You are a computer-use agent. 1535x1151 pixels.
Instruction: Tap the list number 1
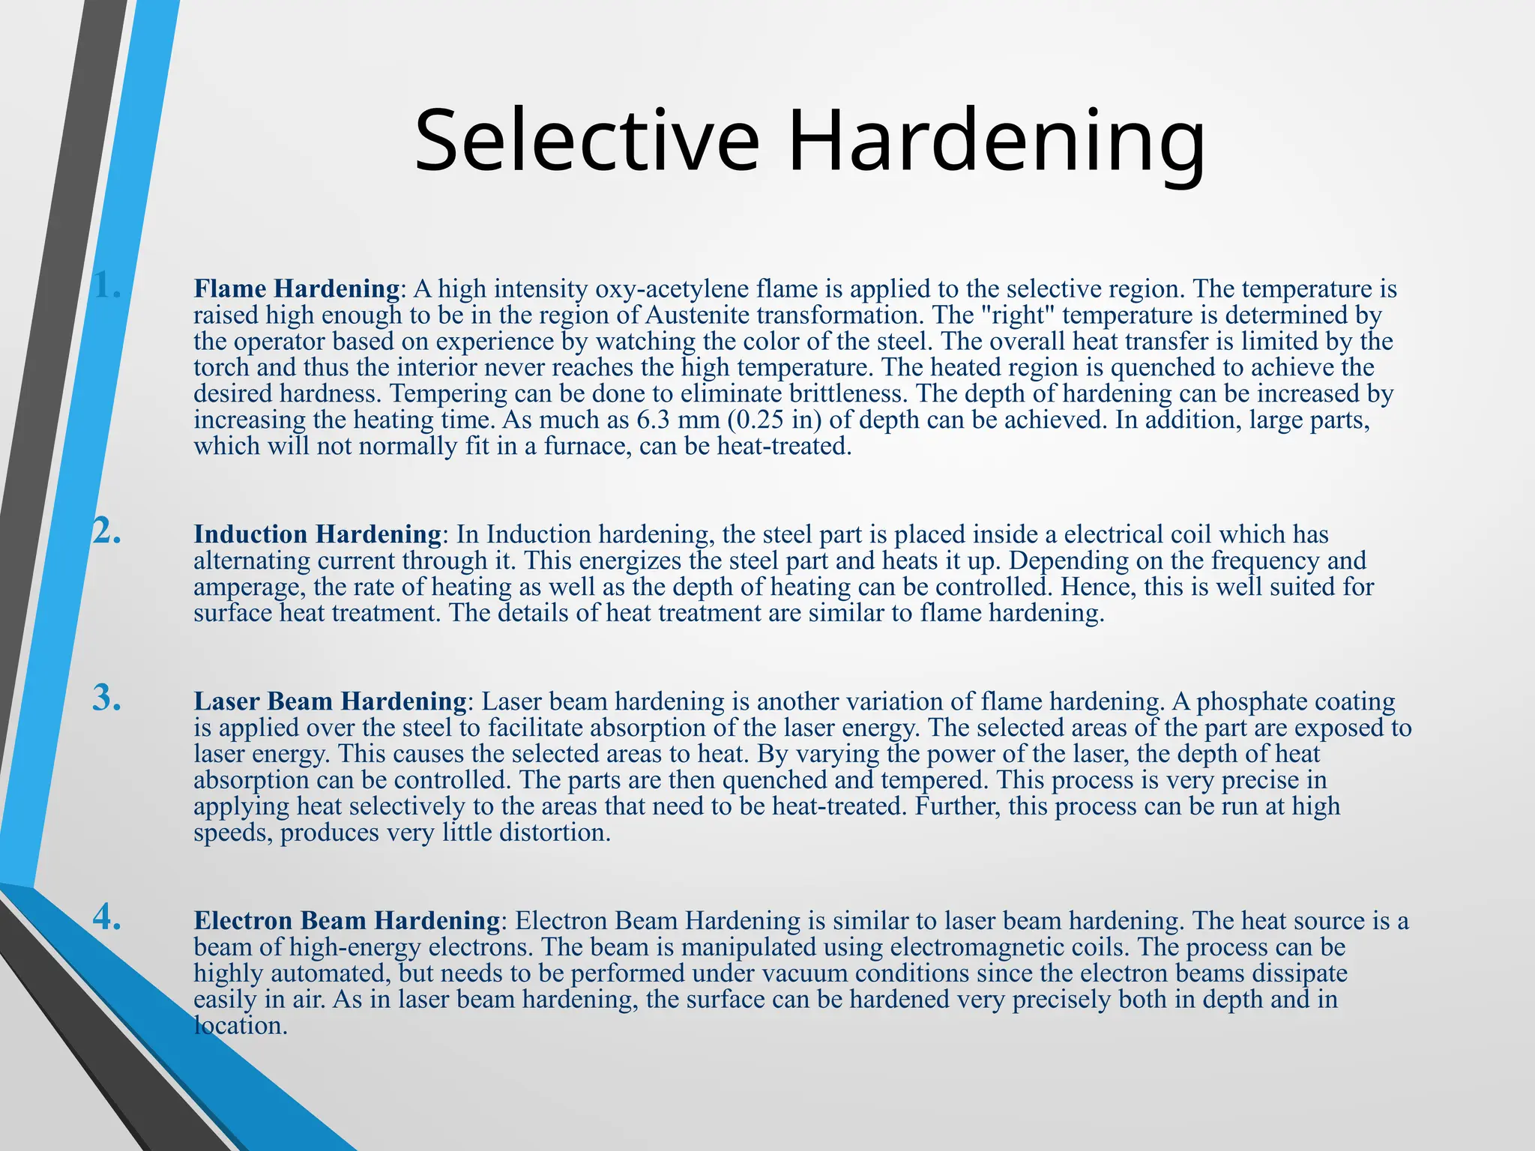coord(107,286)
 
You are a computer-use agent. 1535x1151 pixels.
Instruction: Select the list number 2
coord(107,531)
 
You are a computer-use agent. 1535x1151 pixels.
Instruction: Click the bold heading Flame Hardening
coord(297,288)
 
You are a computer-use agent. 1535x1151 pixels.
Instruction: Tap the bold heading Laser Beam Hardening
coord(330,701)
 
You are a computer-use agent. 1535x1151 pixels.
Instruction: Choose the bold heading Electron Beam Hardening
coord(347,920)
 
